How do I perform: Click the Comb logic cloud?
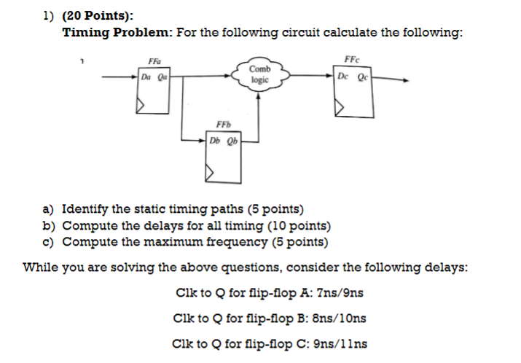coord(261,74)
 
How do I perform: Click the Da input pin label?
coord(146,74)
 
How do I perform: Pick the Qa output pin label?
coord(163,74)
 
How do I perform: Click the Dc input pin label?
coord(345,74)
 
